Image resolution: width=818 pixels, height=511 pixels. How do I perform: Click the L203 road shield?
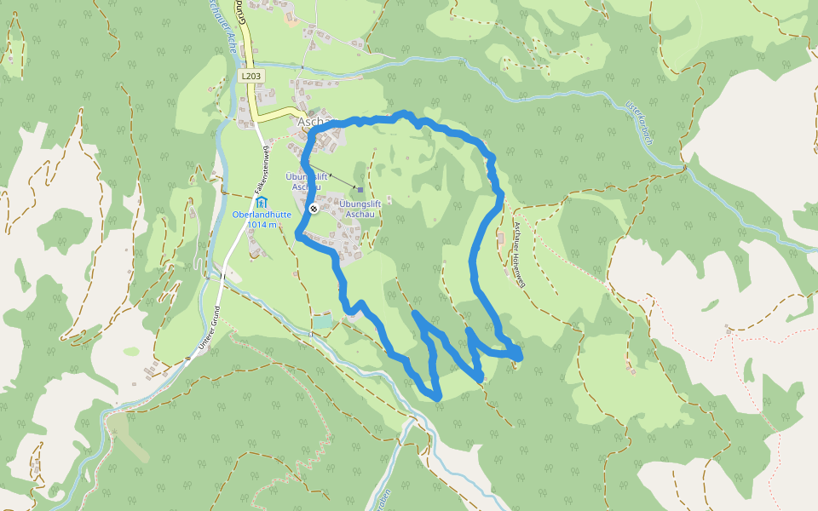click(x=251, y=76)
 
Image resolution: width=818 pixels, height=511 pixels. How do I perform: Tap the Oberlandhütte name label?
click(x=262, y=215)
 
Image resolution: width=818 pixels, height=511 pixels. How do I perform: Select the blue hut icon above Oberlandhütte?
click(x=261, y=202)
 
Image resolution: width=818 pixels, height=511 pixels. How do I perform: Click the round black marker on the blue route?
click(x=314, y=208)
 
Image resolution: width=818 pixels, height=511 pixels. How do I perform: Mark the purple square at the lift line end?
click(x=360, y=190)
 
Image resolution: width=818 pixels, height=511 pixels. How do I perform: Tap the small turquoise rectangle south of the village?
click(x=321, y=322)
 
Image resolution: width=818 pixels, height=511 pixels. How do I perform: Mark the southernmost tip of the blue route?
click(x=437, y=397)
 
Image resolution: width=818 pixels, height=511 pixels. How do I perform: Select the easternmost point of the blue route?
click(x=519, y=351)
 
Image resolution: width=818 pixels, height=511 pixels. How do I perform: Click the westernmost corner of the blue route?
click(x=297, y=234)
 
